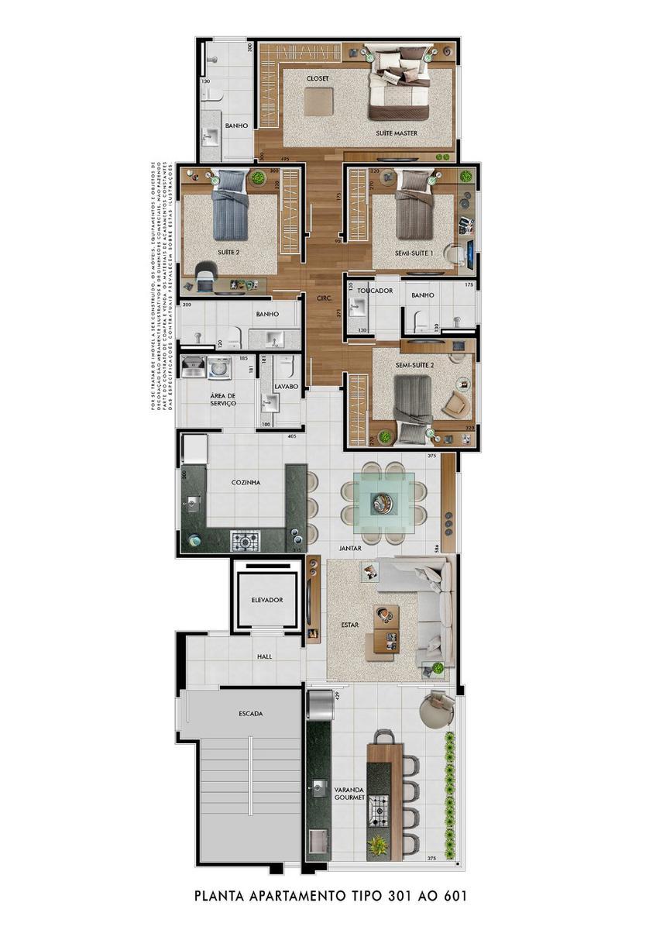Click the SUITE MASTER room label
coord(397,133)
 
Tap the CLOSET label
coord(318,79)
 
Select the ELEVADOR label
coord(267,600)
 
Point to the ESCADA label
coord(251,713)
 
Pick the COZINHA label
coord(246,482)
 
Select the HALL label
coord(264,656)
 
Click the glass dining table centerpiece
coord(384,504)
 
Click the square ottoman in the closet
coord(318,102)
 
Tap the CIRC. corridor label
coord(325,298)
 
